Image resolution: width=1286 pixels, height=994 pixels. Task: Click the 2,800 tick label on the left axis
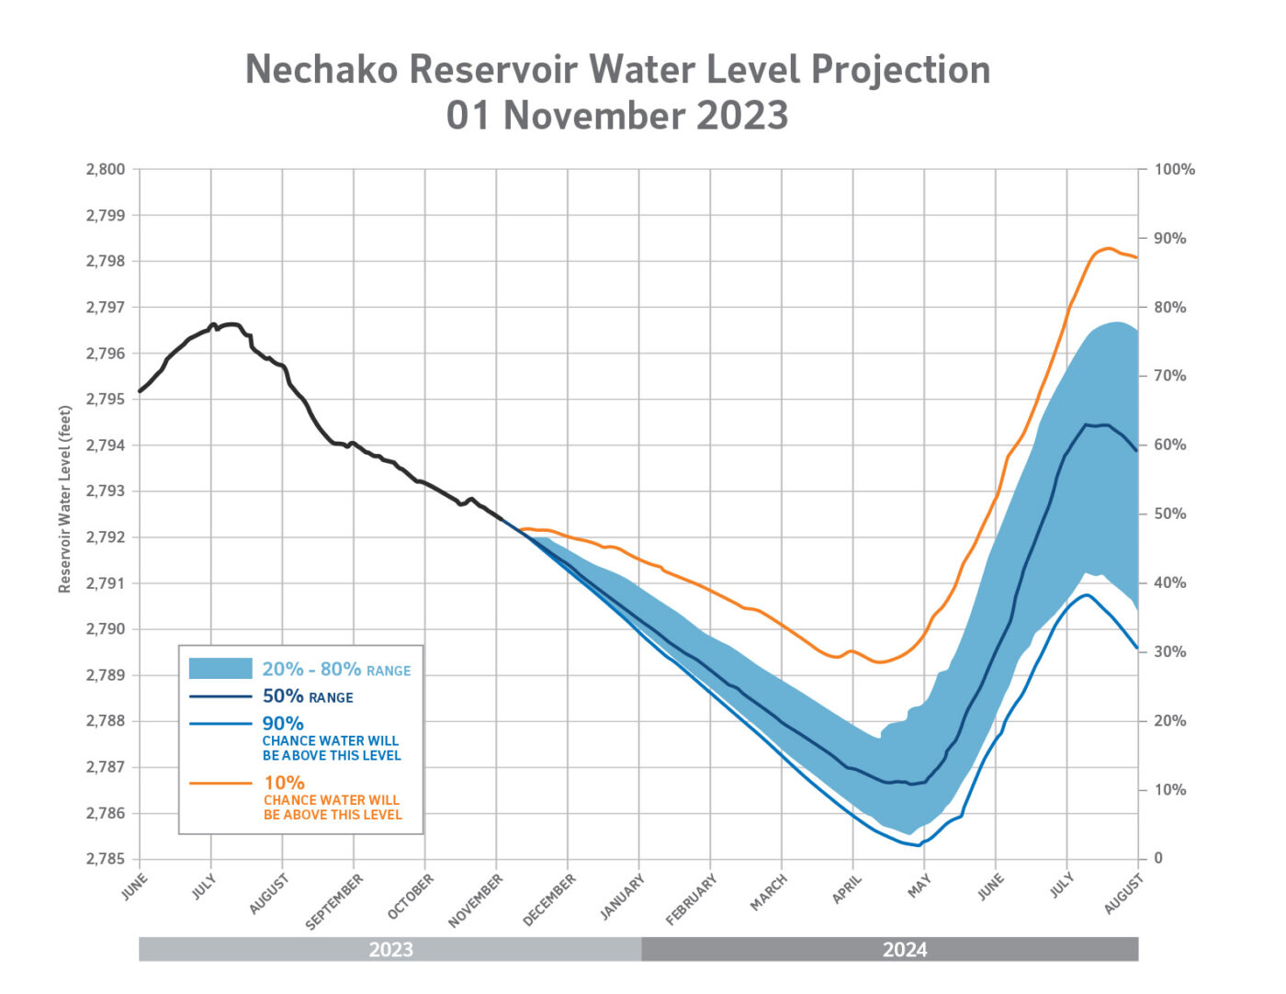click(x=106, y=170)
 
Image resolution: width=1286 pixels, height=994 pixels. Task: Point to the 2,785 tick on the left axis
click(x=106, y=859)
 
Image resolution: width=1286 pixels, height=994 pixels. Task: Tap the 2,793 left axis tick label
click(x=106, y=491)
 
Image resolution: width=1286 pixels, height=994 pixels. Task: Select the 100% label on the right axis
click(x=1175, y=170)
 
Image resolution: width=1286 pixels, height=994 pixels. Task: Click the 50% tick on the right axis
click(x=1169, y=514)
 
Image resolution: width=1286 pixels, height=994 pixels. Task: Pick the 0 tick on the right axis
click(x=1158, y=859)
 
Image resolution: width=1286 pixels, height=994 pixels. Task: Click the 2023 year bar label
click(x=390, y=950)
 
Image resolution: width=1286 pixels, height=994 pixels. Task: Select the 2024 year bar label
click(x=905, y=950)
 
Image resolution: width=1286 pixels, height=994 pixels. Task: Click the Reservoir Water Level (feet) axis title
click(x=65, y=499)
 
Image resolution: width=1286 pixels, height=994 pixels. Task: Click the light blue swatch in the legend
click(x=220, y=669)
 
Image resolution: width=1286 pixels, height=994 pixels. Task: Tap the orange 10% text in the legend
click(x=284, y=783)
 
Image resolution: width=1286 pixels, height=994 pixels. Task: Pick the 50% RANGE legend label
click(x=308, y=696)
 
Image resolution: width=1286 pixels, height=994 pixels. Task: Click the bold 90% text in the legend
click(x=283, y=724)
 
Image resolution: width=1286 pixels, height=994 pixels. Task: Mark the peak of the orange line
click(x=1108, y=248)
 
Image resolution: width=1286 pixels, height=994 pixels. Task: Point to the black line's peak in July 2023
click(x=230, y=323)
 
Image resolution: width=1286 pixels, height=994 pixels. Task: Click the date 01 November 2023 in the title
click(x=617, y=117)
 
